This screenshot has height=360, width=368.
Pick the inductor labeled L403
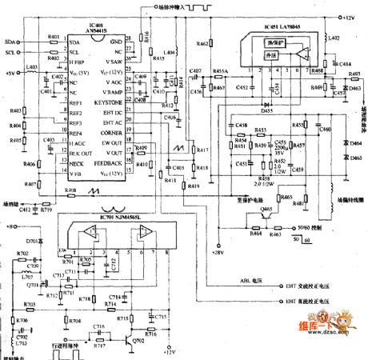[x=31, y=66]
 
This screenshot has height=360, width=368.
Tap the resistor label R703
[x=29, y=304]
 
